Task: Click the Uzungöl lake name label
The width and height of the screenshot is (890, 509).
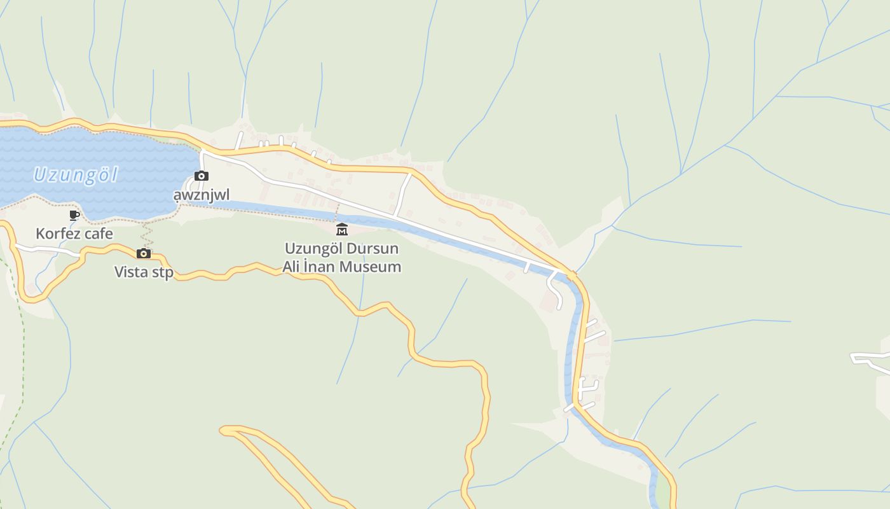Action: click(75, 174)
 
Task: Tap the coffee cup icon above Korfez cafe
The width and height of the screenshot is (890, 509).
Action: click(74, 216)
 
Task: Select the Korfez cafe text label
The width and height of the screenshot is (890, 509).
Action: click(74, 234)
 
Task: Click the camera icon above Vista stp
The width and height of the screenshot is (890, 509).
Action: click(144, 253)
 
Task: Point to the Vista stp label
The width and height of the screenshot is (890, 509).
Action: click(144, 272)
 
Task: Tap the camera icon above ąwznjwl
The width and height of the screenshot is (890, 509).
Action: click(202, 176)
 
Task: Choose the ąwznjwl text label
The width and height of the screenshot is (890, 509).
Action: click(202, 195)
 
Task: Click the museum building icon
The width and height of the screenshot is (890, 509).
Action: click(342, 230)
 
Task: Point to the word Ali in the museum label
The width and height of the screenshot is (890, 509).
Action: click(291, 267)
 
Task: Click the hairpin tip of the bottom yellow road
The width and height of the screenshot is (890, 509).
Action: click(224, 431)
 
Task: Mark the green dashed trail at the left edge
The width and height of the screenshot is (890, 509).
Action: click(22, 356)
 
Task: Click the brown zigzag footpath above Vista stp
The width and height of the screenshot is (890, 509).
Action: click(147, 234)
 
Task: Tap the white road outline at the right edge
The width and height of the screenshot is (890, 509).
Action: click(871, 361)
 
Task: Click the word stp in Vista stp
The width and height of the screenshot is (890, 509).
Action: click(161, 272)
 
